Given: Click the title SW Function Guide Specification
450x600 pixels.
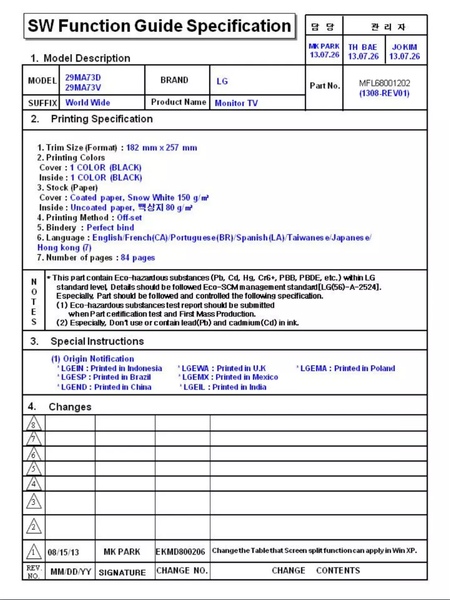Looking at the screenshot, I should [x=159, y=26].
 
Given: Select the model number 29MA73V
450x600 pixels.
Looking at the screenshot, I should [x=83, y=88].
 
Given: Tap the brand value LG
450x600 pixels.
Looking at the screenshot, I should [x=222, y=81].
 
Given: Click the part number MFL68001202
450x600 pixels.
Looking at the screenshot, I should [x=384, y=83].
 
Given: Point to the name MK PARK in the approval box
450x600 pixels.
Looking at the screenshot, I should [x=324, y=47].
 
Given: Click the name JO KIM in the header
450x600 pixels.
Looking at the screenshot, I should [x=404, y=47].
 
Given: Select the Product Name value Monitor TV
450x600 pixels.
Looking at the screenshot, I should [x=236, y=103].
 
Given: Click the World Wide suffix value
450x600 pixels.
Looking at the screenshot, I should [x=88, y=103].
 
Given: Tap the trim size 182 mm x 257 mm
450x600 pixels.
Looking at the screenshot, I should [x=162, y=148].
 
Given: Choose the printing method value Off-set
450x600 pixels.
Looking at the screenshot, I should [x=129, y=218].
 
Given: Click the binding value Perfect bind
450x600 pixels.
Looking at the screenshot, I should [x=110, y=228].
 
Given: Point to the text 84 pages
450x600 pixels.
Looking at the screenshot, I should [x=138, y=258].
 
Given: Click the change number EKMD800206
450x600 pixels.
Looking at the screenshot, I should [x=180, y=552].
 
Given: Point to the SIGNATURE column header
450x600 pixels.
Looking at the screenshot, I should [x=122, y=572].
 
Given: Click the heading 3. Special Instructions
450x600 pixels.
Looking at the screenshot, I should [x=97, y=341].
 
